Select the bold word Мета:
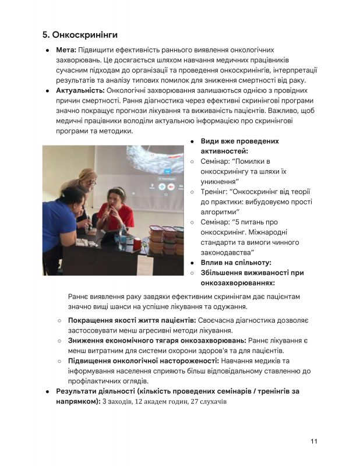pos(66,51)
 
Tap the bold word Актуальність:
pos(80,91)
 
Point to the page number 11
pos(313,441)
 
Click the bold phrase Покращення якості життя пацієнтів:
pos(132,320)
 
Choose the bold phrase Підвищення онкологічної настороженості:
pos(143,361)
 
